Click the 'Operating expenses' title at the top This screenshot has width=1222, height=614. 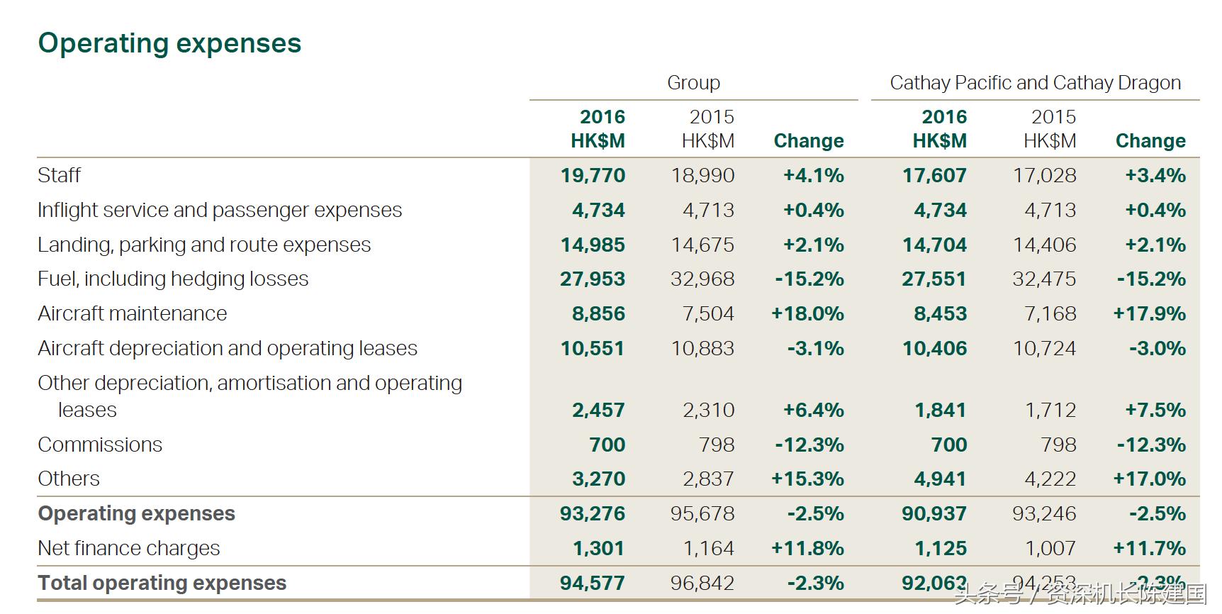click(169, 43)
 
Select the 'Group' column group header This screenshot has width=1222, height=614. click(693, 83)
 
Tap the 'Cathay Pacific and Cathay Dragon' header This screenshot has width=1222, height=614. click(1035, 83)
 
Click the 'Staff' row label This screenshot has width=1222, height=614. click(60, 175)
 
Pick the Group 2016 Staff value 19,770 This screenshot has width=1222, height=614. click(593, 175)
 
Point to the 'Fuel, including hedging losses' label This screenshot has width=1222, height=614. click(173, 279)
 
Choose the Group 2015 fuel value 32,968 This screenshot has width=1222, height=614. click(702, 279)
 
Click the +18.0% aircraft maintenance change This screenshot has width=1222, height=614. click(807, 313)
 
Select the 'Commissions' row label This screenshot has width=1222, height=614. click(100, 445)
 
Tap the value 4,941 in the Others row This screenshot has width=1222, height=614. click(940, 479)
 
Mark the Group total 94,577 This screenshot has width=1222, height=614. click(593, 583)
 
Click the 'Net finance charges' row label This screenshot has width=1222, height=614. click(129, 548)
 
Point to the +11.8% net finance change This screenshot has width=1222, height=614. click(807, 548)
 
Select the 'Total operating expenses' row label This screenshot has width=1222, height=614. click(162, 583)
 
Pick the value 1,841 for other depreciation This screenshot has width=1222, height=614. click(940, 410)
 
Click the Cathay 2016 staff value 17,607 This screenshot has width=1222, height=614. click(934, 175)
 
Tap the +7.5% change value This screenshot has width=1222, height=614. click(1155, 410)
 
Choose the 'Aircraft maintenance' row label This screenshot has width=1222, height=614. click(133, 313)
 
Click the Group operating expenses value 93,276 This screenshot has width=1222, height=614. click(593, 513)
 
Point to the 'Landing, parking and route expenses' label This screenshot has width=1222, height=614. click(204, 245)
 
